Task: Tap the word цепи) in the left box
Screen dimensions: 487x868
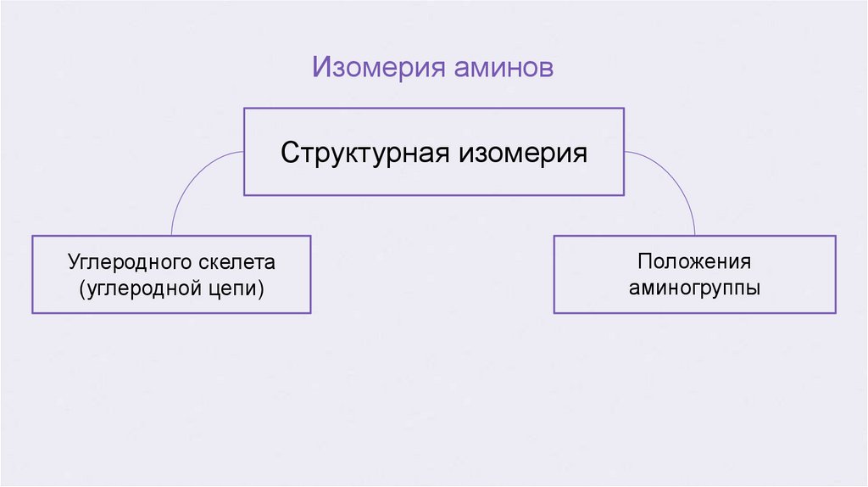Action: [240, 289]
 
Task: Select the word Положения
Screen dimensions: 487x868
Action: [695, 262]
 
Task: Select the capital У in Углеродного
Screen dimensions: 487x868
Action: [74, 262]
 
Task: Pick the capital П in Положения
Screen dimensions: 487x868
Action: [645, 262]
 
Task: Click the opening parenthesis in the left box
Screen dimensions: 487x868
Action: [82, 288]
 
